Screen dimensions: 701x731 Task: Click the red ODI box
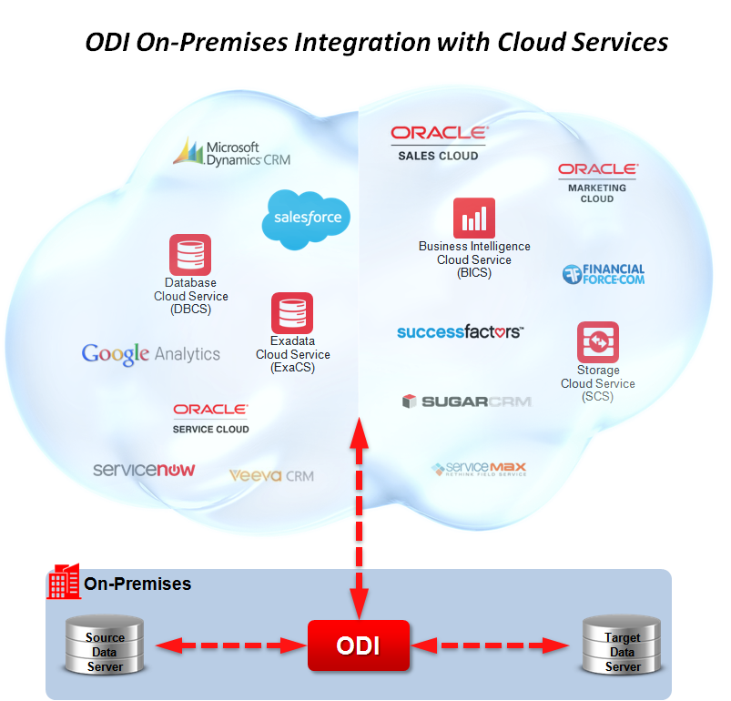[358, 645]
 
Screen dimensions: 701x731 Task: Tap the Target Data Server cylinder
[623, 645]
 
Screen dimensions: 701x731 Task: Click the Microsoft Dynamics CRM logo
[231, 152]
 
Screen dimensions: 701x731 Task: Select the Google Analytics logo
[151, 354]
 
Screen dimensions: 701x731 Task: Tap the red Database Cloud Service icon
[190, 255]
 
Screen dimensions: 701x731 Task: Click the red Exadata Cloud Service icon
[292, 313]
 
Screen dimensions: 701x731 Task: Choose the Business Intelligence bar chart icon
[474, 218]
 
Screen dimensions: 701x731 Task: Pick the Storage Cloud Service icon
[598, 342]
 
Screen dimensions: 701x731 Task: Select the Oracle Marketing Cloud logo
[597, 181]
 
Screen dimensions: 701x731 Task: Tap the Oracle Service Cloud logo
[210, 419]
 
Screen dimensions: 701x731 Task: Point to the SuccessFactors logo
[460, 332]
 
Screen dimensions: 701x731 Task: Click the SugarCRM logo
[466, 401]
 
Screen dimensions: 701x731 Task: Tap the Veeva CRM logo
[271, 475]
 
